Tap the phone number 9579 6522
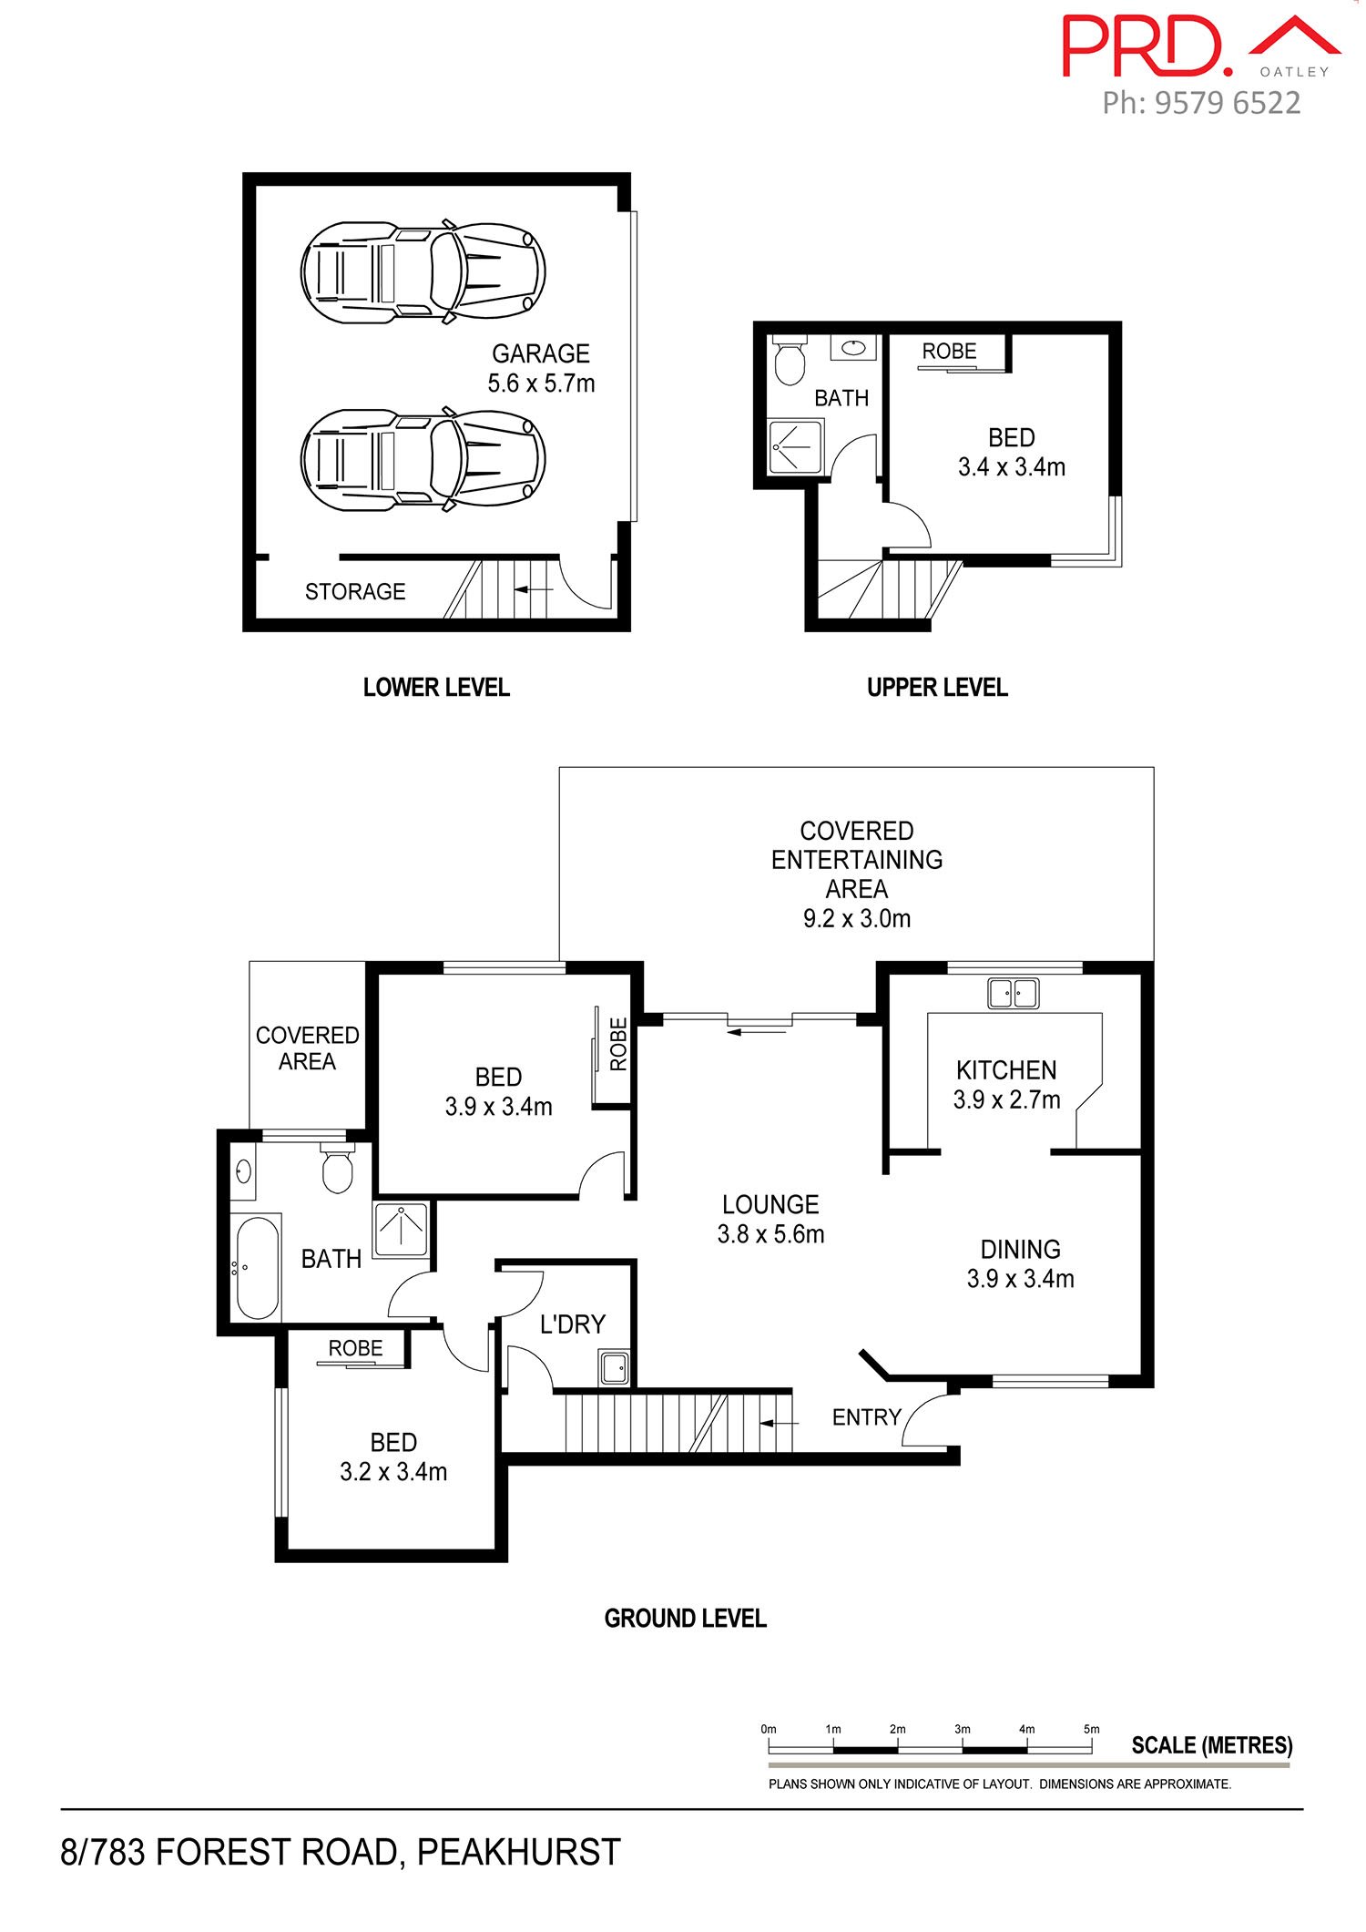[1228, 103]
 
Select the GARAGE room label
[541, 353]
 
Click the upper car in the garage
[423, 271]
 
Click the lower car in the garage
[423, 459]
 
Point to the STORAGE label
[355, 592]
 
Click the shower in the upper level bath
[796, 446]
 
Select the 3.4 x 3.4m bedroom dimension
[1012, 467]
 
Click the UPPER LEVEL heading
[937, 688]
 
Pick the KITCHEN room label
[1006, 1070]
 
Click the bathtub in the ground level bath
[257, 1267]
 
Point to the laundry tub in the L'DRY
[614, 1367]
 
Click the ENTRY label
[866, 1417]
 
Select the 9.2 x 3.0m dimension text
[857, 919]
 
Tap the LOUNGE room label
[770, 1205]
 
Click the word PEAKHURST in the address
[519, 1853]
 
